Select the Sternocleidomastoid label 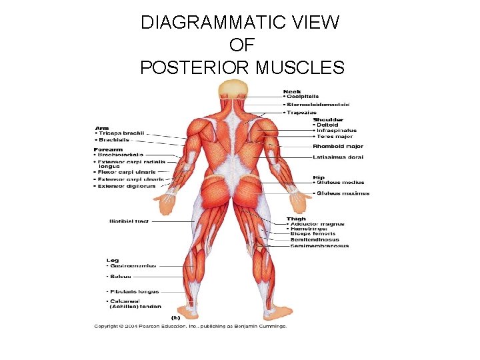[x=318, y=105]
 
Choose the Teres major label [x=335, y=137]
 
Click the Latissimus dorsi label [x=337, y=157]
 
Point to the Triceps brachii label [x=121, y=133]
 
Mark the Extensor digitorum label [x=127, y=186]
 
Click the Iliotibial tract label [x=129, y=221]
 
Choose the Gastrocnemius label [x=133, y=265]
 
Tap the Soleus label [x=121, y=276]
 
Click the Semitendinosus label [x=315, y=239]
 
